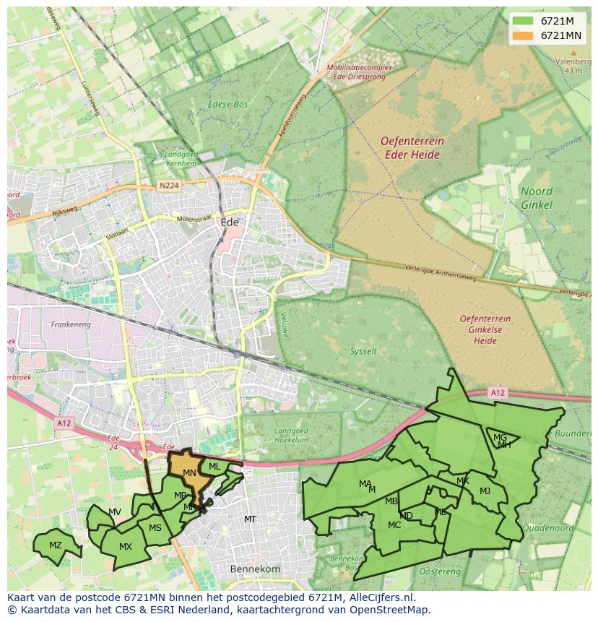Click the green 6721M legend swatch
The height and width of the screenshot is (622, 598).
click(523, 21)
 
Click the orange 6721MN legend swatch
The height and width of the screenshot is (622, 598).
click(523, 35)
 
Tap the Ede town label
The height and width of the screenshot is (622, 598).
click(229, 223)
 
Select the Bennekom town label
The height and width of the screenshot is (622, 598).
click(254, 569)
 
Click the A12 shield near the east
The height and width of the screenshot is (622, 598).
click(497, 393)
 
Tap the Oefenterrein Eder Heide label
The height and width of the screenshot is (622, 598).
click(412, 147)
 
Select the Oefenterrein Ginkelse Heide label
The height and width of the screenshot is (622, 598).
click(485, 329)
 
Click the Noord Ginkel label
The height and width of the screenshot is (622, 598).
click(537, 198)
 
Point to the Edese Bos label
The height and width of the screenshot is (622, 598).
click(227, 105)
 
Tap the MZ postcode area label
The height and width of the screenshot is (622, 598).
click(56, 545)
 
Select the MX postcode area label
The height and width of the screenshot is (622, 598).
click(126, 547)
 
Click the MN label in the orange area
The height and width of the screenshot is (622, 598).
click(189, 473)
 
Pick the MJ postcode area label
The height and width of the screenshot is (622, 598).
click(485, 491)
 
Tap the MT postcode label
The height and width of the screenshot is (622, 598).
click(250, 519)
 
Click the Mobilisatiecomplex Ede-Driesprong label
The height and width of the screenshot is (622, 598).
click(359, 72)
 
